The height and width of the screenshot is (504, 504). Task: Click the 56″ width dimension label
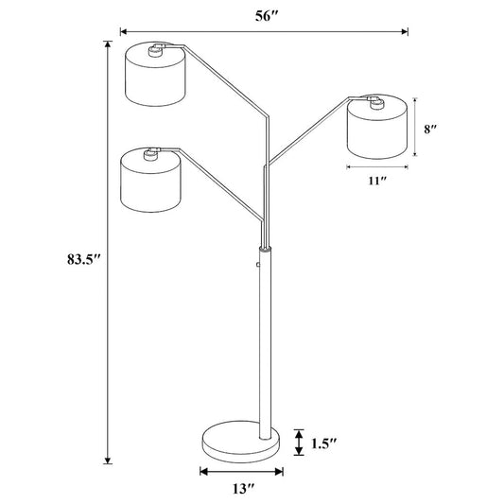pyautogui.click(x=266, y=16)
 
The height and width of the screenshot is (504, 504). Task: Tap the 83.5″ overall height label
pyautogui.click(x=84, y=259)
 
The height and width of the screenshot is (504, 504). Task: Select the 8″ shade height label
pyautogui.click(x=430, y=130)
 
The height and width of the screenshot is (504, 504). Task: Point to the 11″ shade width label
pyautogui.click(x=376, y=181)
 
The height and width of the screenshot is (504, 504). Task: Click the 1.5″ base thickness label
pyautogui.click(x=323, y=443)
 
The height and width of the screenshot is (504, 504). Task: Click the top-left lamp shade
pyautogui.click(x=155, y=74)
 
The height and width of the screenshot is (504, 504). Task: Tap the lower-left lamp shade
pyautogui.click(x=150, y=180)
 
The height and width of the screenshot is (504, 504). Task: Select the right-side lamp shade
pyautogui.click(x=377, y=127)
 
